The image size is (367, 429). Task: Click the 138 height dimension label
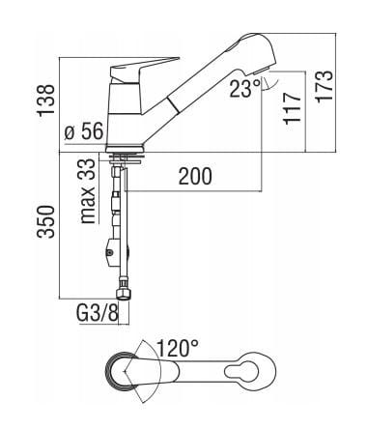[x=46, y=100]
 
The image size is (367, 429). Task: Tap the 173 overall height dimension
[x=324, y=86]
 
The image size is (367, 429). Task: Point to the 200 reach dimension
[x=195, y=176]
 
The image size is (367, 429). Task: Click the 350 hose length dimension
[x=46, y=222]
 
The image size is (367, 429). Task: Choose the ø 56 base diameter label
[x=83, y=131]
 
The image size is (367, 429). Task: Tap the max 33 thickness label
[x=88, y=191]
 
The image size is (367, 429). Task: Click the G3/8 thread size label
[x=98, y=313]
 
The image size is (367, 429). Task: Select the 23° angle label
[x=244, y=88]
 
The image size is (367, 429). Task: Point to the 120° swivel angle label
[x=178, y=348]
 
